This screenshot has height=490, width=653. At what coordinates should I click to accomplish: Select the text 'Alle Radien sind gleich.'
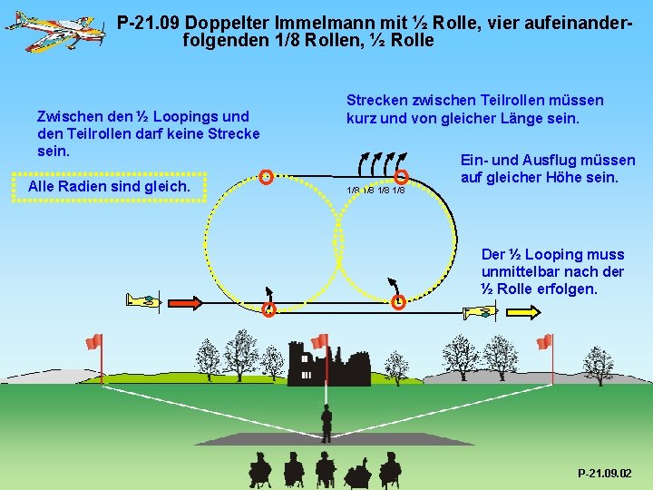tap(110, 187)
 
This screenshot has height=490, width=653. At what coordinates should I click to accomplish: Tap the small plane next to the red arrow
tap(144, 300)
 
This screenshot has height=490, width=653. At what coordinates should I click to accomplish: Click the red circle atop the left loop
tap(266, 176)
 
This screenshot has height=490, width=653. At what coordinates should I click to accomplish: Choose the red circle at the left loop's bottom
tap(268, 309)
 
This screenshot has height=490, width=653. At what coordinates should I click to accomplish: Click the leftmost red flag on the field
tap(94, 341)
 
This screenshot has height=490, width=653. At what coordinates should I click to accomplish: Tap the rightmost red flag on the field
tap(545, 342)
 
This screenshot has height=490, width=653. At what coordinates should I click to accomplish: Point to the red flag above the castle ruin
tap(319, 341)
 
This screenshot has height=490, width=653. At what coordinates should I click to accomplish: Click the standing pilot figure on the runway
tap(326, 423)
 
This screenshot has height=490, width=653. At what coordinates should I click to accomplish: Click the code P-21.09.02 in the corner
tap(605, 473)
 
